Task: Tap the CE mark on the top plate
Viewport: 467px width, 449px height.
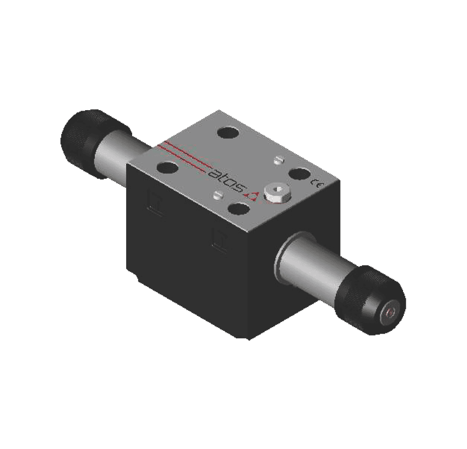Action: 314,182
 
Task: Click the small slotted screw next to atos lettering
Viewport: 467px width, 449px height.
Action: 216,194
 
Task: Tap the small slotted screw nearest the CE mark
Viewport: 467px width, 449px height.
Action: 278,159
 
